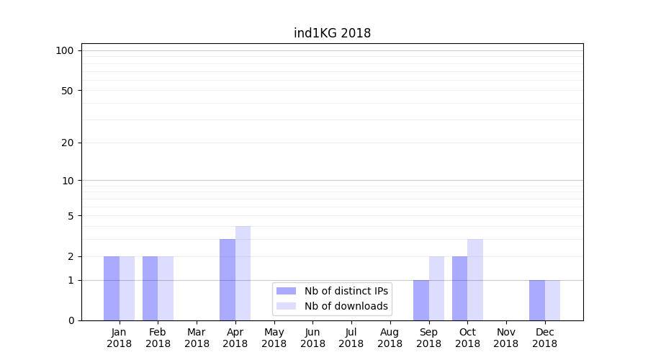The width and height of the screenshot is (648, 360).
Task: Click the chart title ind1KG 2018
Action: (x=332, y=33)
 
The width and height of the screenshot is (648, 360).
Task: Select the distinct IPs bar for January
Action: (x=112, y=288)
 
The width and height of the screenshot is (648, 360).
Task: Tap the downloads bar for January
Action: (x=127, y=288)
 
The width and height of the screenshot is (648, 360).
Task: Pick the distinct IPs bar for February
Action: (x=150, y=288)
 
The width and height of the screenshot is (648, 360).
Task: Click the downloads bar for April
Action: (x=243, y=274)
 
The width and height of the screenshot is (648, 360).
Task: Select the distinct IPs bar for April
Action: (x=228, y=279)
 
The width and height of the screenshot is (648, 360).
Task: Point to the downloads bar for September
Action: (x=436, y=288)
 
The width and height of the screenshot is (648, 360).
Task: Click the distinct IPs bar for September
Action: (x=421, y=300)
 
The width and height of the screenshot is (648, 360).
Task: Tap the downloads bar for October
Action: (x=475, y=279)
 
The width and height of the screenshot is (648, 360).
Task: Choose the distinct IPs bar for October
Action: (x=460, y=288)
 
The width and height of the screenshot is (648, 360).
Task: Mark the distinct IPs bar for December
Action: (x=537, y=300)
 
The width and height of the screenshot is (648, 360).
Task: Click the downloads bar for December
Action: (x=552, y=300)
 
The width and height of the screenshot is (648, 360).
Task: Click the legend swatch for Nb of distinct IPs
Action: (x=286, y=291)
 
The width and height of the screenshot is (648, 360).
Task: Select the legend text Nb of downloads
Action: (x=346, y=306)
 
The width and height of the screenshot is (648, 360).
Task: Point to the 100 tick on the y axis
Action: (x=65, y=50)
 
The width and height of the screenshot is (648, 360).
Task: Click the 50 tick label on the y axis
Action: (x=68, y=91)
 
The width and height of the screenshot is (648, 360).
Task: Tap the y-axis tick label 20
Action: (x=68, y=143)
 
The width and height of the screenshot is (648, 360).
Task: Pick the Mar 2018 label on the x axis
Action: (x=197, y=338)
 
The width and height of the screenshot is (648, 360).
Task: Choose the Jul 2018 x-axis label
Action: (x=351, y=338)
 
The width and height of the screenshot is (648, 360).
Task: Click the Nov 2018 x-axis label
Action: (x=506, y=338)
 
